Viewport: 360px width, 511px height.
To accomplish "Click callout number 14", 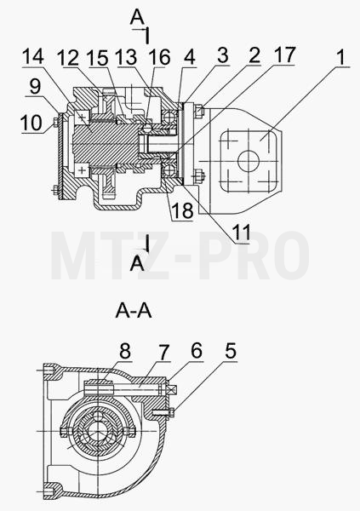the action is tap(33, 57).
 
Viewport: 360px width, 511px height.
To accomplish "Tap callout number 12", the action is tap(68, 58).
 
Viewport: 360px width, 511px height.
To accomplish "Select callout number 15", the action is tap(98, 58).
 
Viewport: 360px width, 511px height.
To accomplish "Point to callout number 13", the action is tap(127, 57).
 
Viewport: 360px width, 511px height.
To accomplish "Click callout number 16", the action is tap(159, 57).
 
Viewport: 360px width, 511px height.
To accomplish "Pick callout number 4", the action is tap(189, 57).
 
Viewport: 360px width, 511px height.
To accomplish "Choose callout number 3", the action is tap(222, 55).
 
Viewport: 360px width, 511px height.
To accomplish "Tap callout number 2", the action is tap(254, 55).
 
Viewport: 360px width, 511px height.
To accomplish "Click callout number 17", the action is tap(284, 55).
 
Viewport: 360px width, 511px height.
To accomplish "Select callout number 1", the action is tap(340, 57).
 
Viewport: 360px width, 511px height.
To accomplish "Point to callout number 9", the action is tap(35, 86).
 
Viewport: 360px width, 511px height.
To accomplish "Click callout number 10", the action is tap(31, 123).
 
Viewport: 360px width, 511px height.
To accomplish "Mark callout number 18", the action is tap(182, 211).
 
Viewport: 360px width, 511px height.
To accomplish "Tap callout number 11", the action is tap(241, 232).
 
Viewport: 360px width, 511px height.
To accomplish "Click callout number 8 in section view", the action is tap(125, 351).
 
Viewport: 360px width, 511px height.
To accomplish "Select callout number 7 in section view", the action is tap(163, 352).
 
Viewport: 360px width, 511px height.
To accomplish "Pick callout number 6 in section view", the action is tap(197, 350).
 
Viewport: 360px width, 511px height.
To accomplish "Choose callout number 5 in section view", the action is tap(231, 351).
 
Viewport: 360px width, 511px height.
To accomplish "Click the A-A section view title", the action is tap(134, 311).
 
